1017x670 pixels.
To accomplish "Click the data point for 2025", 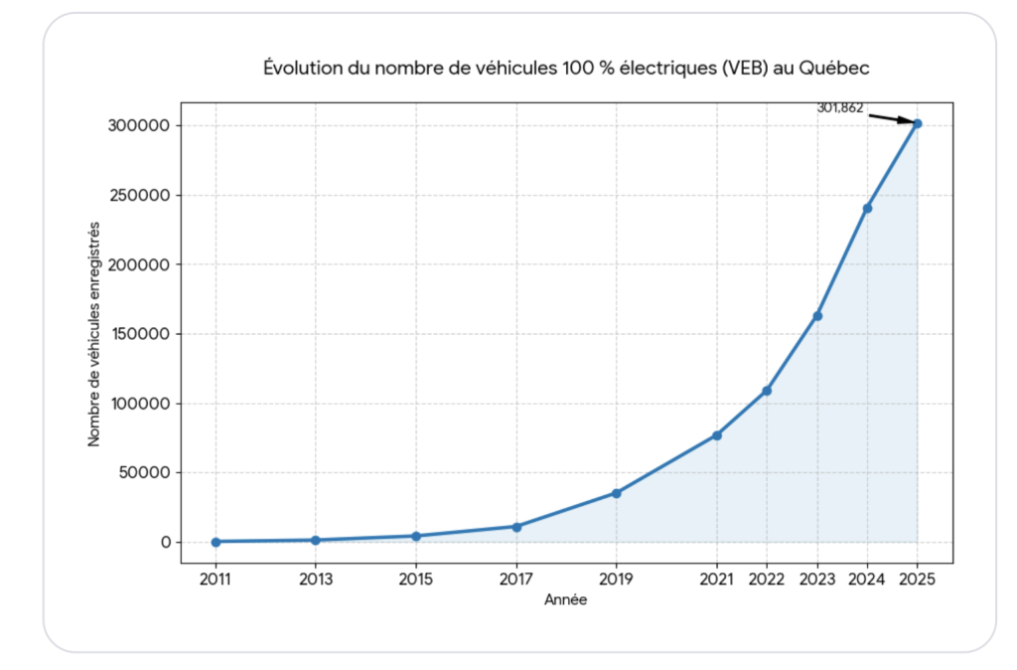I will [917, 123].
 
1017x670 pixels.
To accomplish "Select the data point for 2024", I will [867, 208].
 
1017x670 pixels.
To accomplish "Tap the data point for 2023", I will [817, 316].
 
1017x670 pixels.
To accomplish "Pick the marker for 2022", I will [767, 391].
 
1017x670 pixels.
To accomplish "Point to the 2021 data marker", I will [716, 435].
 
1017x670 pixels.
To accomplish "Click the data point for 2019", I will [616, 493].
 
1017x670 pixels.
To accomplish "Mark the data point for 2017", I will [516, 526].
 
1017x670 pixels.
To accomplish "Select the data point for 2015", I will [416, 536].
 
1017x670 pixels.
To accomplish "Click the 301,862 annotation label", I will [840, 107].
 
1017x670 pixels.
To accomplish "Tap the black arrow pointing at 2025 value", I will [890, 118].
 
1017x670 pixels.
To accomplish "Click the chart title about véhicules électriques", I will [566, 68].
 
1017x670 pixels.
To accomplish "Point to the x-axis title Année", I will [565, 599].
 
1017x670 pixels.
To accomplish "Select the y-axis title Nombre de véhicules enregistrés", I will [94, 333].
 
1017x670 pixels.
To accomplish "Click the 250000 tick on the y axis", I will [139, 195].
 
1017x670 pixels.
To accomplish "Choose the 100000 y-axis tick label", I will [139, 404].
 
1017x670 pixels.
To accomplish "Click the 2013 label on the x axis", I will [316, 577].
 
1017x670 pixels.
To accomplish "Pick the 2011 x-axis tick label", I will [216, 577].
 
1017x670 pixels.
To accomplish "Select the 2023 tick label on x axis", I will [817, 577].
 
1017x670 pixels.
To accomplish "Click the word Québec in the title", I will [835, 68].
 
